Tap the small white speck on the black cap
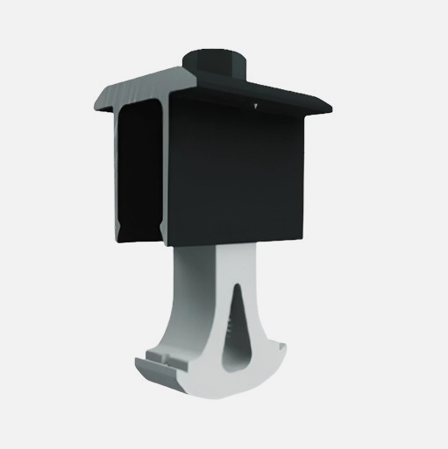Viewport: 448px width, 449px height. pos(253,107)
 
